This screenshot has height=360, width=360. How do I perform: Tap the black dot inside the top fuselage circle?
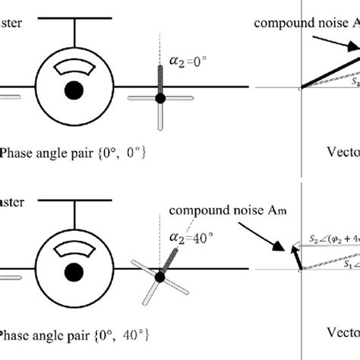(74, 90)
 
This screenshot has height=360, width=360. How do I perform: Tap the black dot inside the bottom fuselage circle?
(74, 271)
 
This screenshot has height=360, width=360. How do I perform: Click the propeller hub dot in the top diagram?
(160, 98)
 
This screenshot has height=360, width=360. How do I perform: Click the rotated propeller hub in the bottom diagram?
(160, 277)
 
